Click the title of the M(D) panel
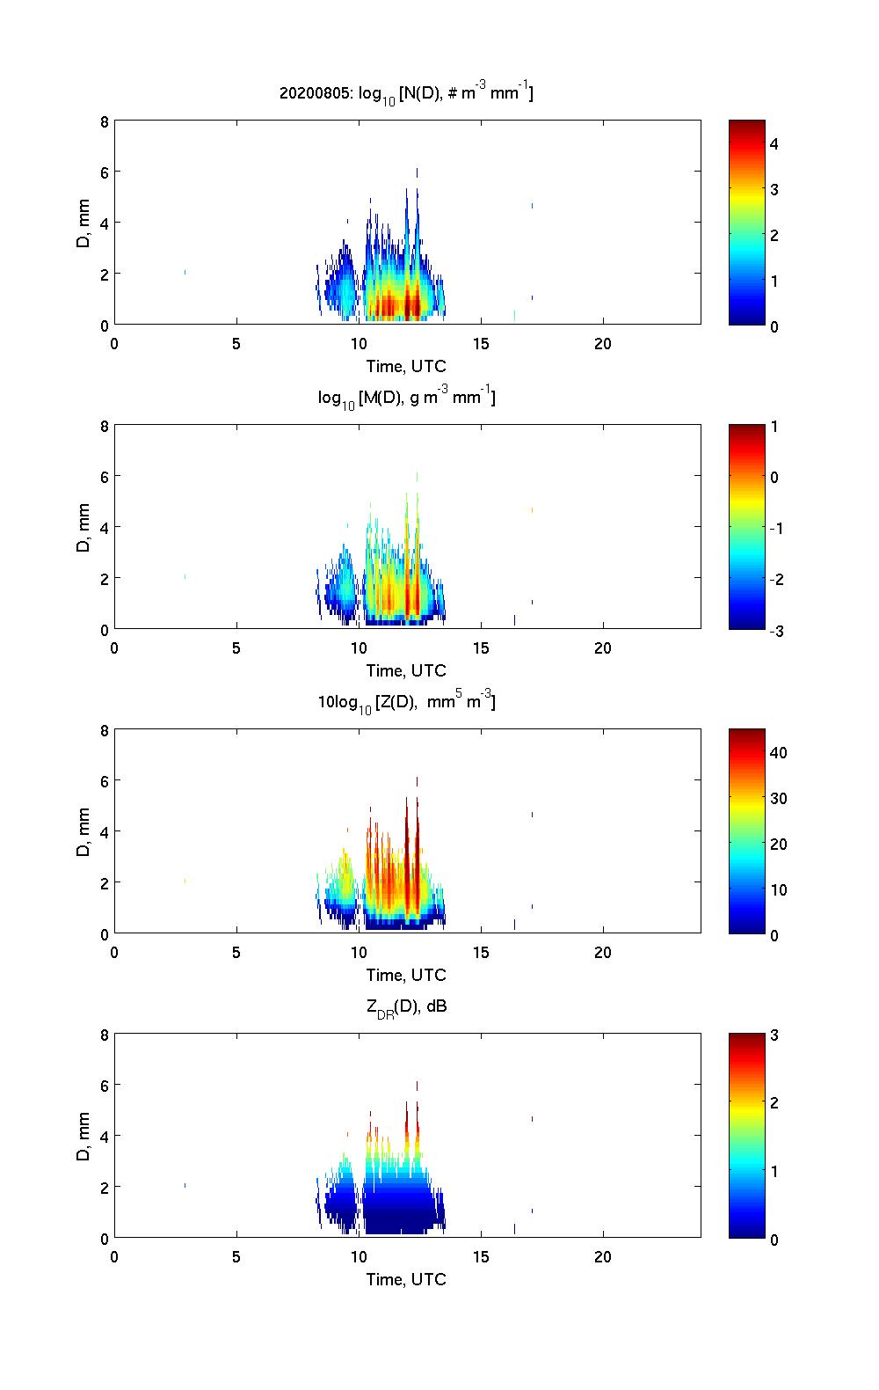pos(406,398)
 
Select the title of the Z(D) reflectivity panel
pos(406,702)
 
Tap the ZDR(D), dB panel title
pos(406,1006)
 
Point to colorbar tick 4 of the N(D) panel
pos(774,143)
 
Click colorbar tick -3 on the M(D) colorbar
pos(777,630)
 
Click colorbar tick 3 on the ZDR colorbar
pos(774,1035)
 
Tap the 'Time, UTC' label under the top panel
pos(406,366)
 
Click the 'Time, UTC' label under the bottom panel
pos(406,1279)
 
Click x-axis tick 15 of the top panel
pos(481,343)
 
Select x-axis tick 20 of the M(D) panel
pos(603,647)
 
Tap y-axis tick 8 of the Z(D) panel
pos(104,730)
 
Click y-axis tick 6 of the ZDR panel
pos(104,1086)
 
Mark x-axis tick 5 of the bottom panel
pos(236,1256)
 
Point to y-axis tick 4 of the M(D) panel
pos(104,527)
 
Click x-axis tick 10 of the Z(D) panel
pos(359,952)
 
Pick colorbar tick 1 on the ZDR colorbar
pos(774,1171)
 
